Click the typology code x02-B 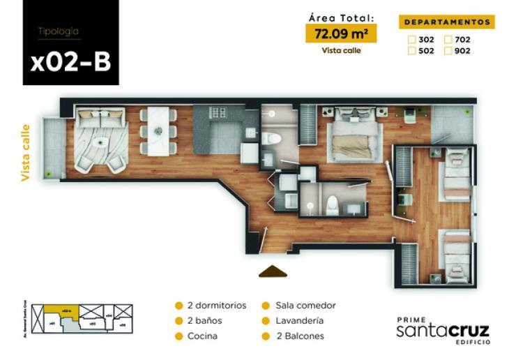click(x=70, y=61)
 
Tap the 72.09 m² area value click(x=341, y=33)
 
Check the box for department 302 click(x=412, y=40)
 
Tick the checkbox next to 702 click(x=449, y=40)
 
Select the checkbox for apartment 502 click(x=412, y=50)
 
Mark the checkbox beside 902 click(x=449, y=50)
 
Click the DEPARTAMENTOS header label click(x=448, y=22)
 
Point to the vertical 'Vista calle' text click(x=26, y=153)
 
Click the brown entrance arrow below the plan click(x=273, y=271)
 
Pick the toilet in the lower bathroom click(x=333, y=203)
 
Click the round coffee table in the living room click(x=102, y=141)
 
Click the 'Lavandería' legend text click(x=299, y=321)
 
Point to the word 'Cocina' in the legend click(x=202, y=336)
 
